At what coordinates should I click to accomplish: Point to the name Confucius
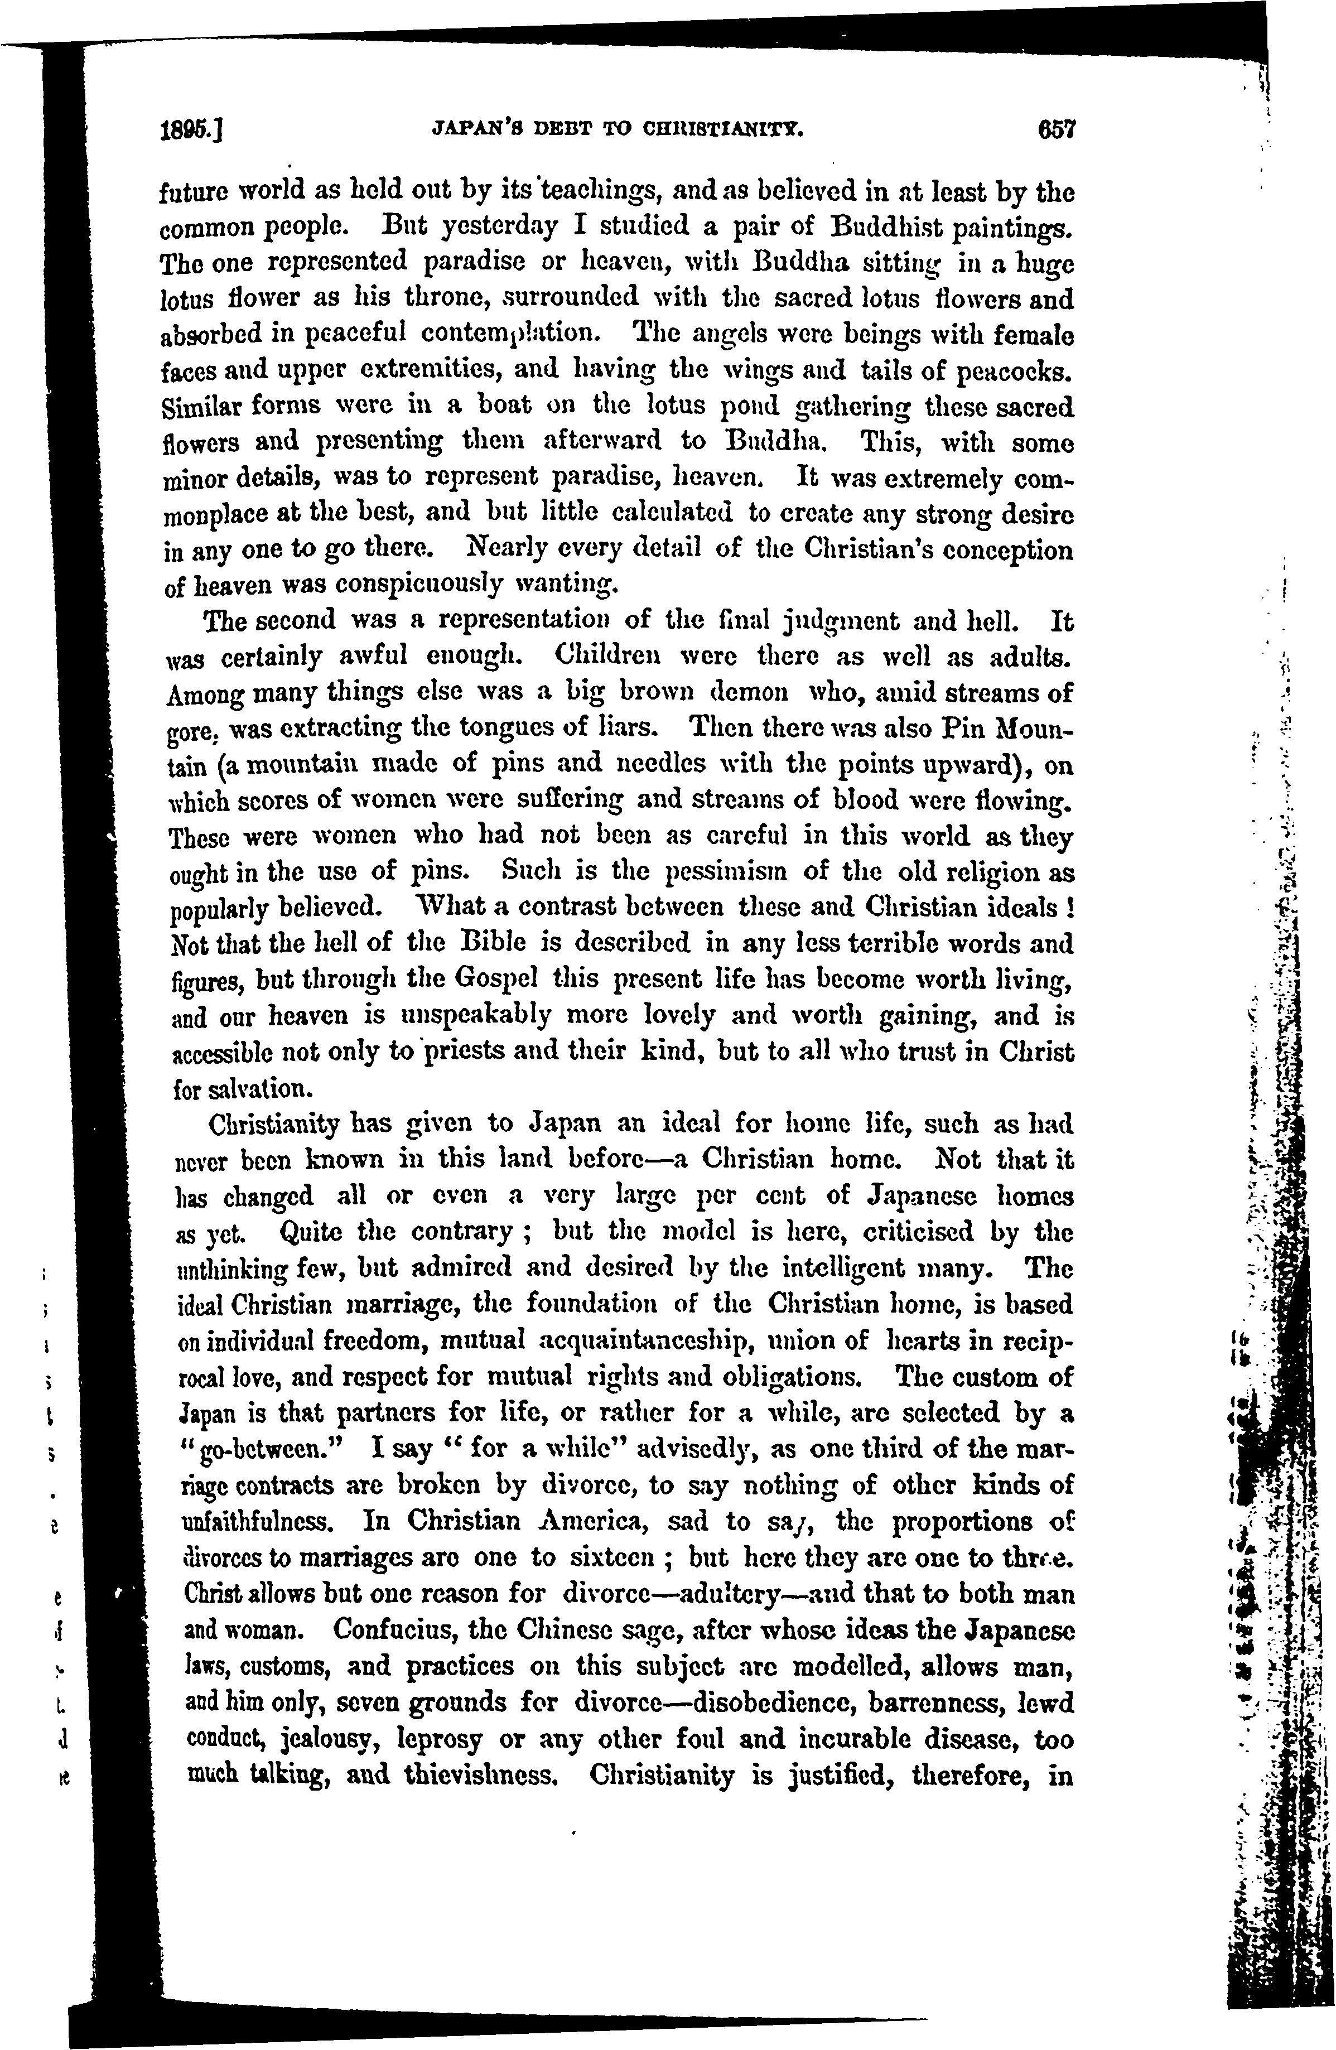point(401,1629)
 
